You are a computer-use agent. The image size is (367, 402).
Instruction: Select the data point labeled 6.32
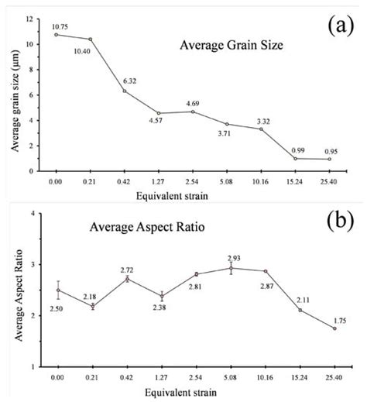[x=125, y=91]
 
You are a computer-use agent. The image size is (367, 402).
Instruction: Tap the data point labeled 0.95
[x=331, y=159]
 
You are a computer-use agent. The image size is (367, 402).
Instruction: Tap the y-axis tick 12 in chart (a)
[x=29, y=19]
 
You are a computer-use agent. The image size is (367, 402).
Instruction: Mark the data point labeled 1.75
[x=331, y=328]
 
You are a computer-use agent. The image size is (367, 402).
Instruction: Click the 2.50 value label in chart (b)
[x=56, y=308]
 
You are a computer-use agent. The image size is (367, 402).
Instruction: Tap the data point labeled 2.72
[x=125, y=279]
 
